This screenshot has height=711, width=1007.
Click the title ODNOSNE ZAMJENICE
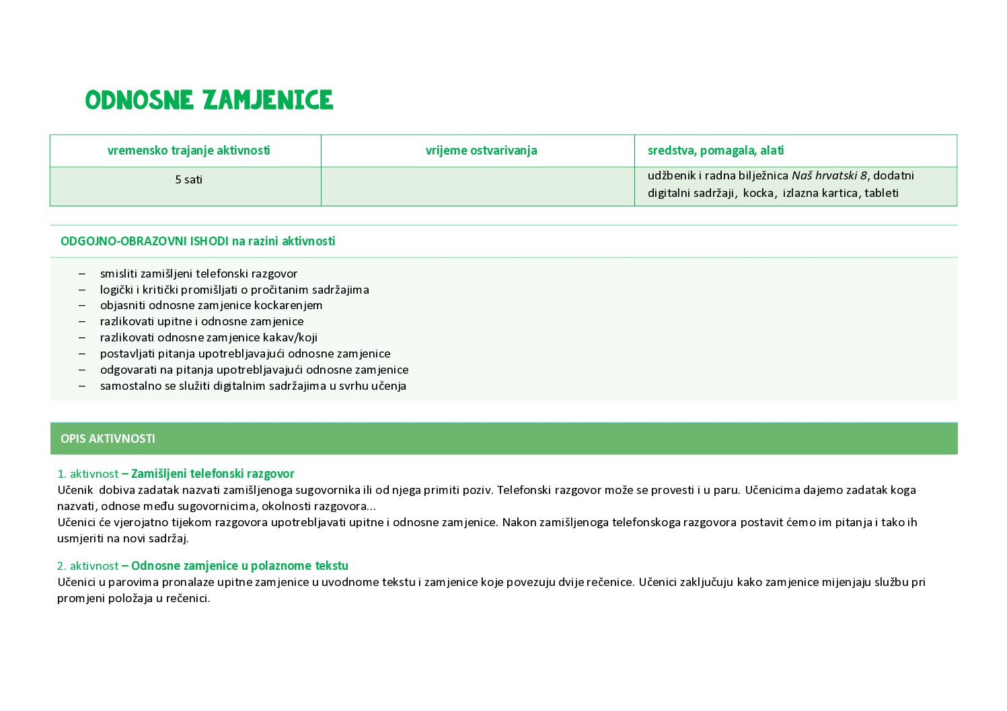(x=209, y=101)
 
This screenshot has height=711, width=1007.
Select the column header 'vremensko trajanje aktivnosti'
(x=188, y=151)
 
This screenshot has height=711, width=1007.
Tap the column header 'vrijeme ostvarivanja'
(x=481, y=151)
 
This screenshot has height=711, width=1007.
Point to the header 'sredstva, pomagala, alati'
(x=715, y=151)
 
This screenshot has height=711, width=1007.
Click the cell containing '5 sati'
(x=188, y=180)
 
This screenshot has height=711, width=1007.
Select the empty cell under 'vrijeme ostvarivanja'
(x=478, y=186)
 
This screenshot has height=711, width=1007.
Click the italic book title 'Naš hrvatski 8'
(x=829, y=176)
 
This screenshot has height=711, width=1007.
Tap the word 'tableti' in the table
(x=881, y=194)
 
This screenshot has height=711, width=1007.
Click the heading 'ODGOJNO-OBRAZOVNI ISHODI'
(x=144, y=241)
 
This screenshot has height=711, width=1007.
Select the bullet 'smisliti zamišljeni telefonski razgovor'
(x=198, y=274)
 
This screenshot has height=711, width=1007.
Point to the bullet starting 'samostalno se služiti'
(x=253, y=386)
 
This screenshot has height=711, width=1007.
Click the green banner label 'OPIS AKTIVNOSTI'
(x=108, y=439)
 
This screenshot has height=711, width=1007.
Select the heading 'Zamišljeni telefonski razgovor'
(x=213, y=474)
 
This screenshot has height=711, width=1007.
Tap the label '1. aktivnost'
(x=87, y=474)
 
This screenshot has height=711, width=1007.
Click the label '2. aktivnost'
(x=87, y=566)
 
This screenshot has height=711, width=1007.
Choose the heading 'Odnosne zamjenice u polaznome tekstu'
(x=239, y=566)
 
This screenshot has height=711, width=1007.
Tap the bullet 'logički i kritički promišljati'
(x=234, y=290)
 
